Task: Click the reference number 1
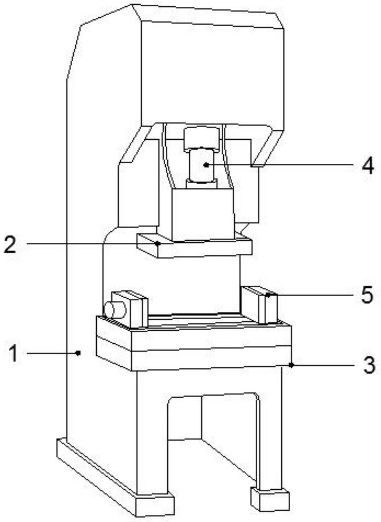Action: (x=14, y=354)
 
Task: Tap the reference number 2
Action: (x=10, y=244)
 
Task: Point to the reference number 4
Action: (x=368, y=166)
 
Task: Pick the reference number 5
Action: (x=367, y=295)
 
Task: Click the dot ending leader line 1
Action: (x=78, y=353)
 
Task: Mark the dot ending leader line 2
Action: (x=158, y=244)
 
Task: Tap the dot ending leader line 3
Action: (x=291, y=365)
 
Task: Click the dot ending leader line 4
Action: (x=206, y=165)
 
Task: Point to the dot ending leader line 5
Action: (x=268, y=295)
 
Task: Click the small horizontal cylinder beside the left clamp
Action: (x=115, y=310)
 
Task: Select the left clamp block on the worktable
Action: (x=129, y=309)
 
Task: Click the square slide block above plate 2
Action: (x=203, y=214)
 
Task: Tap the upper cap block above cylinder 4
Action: (x=202, y=138)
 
